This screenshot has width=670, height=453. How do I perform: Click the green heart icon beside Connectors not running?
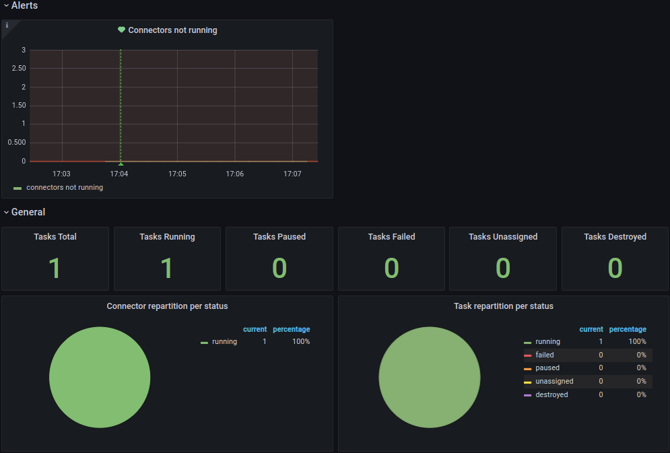point(121,30)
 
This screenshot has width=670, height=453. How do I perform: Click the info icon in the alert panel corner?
point(7,25)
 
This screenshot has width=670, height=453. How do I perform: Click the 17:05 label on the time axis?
point(177,174)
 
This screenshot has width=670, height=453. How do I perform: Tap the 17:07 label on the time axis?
point(292,174)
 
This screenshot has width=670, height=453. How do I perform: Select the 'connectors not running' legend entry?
point(64,187)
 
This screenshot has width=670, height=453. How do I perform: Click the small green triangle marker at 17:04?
point(121,164)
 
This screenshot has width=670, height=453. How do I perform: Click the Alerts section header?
point(24,5)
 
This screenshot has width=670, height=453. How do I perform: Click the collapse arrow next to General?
point(6,212)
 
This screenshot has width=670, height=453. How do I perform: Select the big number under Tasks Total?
point(55,268)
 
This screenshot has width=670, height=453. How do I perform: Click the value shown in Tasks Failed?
point(391,268)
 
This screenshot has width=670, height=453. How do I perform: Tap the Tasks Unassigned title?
point(503,236)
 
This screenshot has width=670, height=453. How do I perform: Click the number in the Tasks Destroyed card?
point(615,268)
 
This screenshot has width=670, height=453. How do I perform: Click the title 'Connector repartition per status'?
point(167,306)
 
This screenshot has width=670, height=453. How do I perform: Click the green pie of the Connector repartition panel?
point(100,378)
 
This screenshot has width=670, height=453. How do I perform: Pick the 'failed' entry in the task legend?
point(544,355)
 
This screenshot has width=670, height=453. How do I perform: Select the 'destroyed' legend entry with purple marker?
point(551,394)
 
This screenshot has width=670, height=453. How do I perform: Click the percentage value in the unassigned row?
point(641,381)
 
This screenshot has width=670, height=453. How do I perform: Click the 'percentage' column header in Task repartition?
point(628,329)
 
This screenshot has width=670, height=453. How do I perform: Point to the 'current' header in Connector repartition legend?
point(255,329)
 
